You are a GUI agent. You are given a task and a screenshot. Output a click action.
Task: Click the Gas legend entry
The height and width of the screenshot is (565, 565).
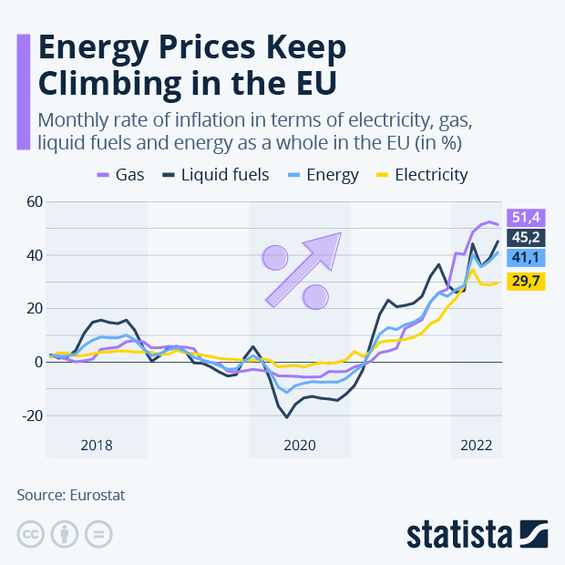[x=125, y=174]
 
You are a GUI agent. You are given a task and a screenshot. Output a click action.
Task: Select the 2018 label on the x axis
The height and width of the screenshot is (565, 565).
[x=97, y=446]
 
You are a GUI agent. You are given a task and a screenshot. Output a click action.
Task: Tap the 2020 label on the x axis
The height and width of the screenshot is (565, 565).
[x=299, y=446]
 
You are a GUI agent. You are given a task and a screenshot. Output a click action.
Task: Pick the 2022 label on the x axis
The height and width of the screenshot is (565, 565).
[x=476, y=446]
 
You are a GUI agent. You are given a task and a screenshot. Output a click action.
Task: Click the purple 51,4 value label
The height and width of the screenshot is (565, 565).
[x=527, y=216]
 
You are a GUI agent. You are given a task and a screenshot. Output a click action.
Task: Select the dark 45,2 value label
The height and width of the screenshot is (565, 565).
[x=527, y=238]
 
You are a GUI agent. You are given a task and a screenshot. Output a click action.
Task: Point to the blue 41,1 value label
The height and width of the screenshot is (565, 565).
[x=527, y=260]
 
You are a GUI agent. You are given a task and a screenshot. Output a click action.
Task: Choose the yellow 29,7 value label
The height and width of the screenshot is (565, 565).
[x=527, y=282]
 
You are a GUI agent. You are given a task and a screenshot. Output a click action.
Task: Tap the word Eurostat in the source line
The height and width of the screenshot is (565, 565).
[x=95, y=495]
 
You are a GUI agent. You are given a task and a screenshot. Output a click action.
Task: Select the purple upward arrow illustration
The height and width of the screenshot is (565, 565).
[x=303, y=267]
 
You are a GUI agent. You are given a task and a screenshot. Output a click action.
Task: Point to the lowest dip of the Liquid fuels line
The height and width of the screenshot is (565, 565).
[x=287, y=417]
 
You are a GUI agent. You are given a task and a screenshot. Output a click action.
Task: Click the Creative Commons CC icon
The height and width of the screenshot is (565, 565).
[x=31, y=533]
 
